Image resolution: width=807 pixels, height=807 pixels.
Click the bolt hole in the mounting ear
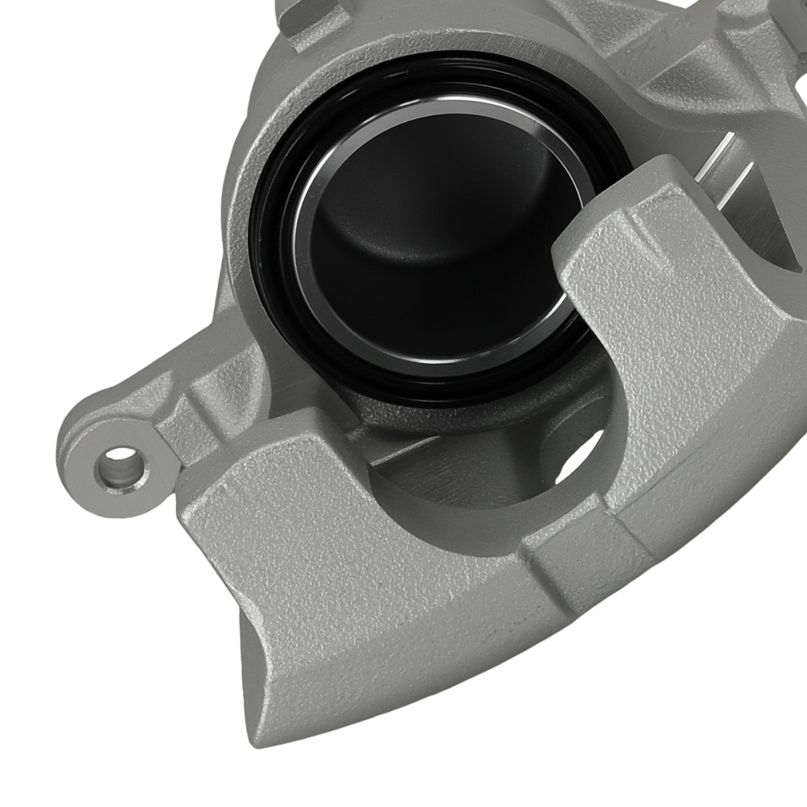tap(118, 465)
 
